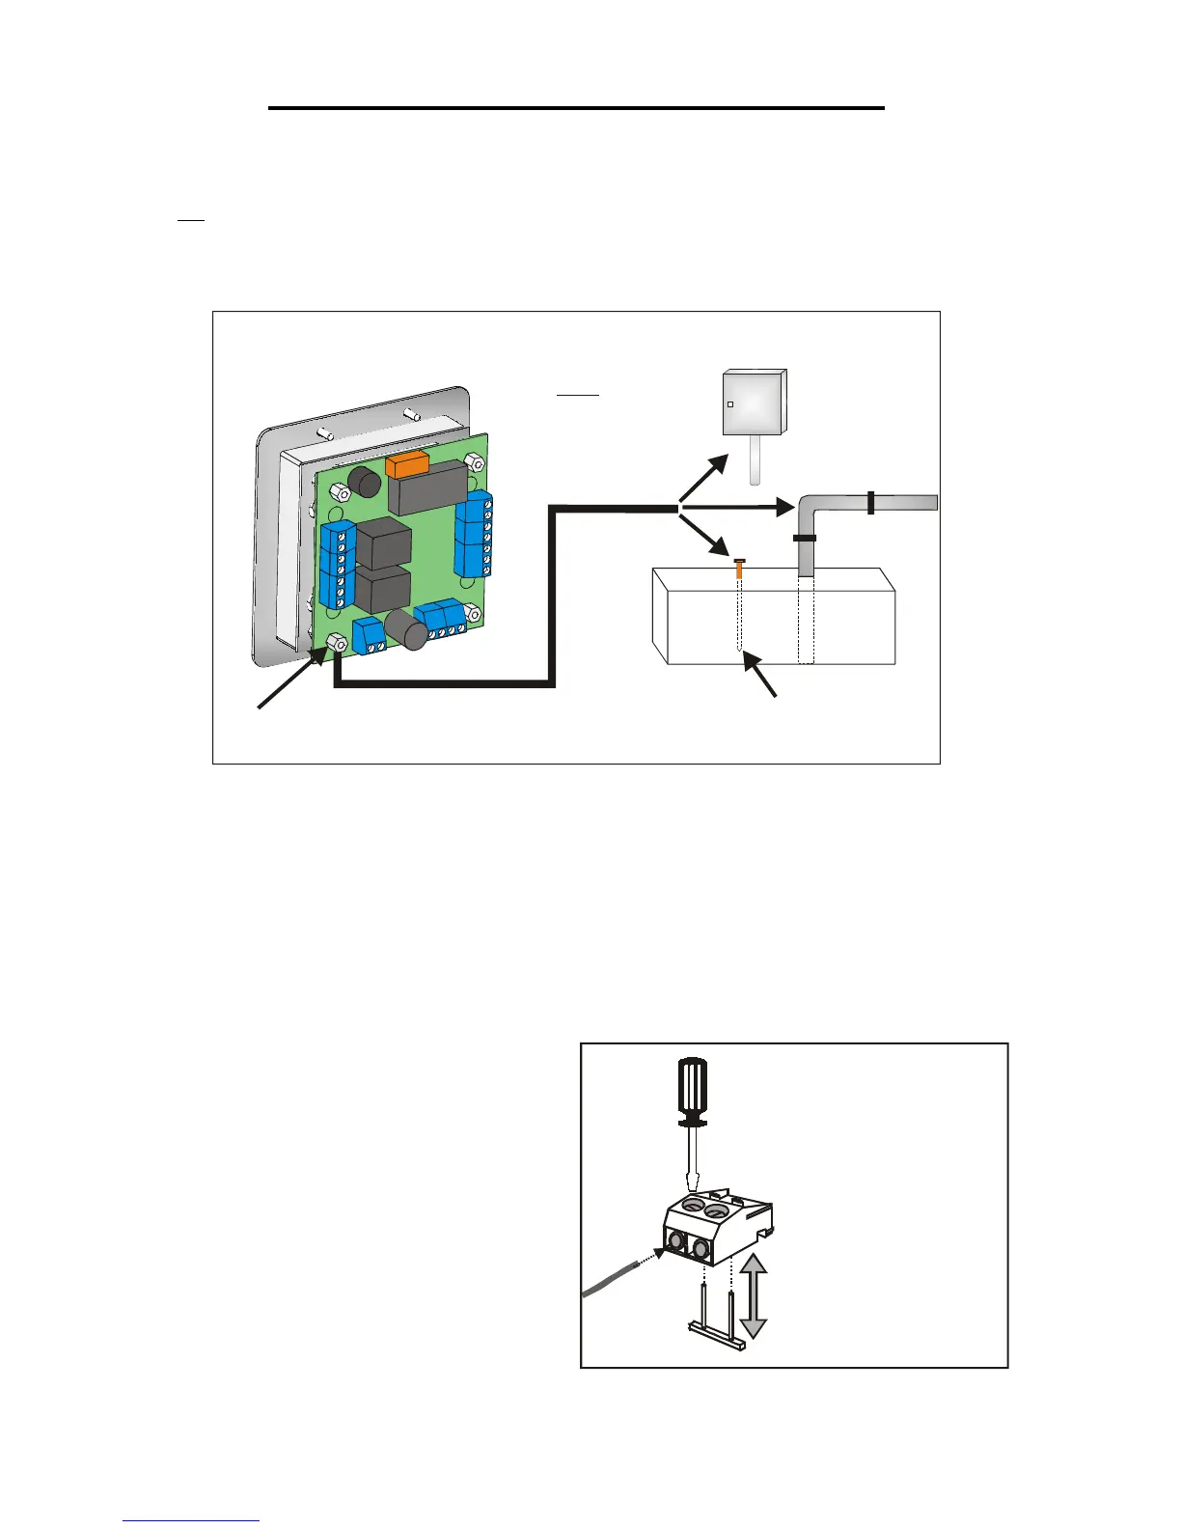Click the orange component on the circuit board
click(406, 464)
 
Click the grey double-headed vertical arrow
click(753, 1296)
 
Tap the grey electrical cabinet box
click(755, 403)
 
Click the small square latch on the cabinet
click(730, 404)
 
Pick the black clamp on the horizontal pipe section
click(870, 502)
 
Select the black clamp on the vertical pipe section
click(805, 539)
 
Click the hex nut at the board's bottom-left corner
click(338, 642)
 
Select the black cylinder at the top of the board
click(364, 481)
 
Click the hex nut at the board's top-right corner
click(474, 461)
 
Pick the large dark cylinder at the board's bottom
click(406, 630)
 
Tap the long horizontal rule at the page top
click(576, 108)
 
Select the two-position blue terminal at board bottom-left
click(370, 635)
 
